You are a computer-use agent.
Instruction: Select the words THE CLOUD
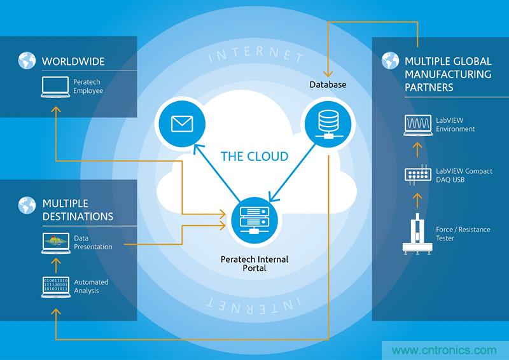[x=254, y=156]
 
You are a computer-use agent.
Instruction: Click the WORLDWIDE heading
[x=73, y=62]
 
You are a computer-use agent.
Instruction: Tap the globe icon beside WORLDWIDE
[x=26, y=62]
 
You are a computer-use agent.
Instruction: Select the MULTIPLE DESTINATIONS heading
[x=78, y=210]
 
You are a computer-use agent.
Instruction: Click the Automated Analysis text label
[x=91, y=286]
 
